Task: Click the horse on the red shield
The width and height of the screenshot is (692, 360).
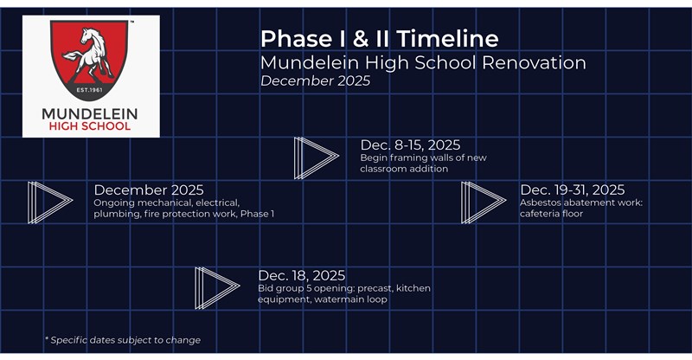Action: click(90, 54)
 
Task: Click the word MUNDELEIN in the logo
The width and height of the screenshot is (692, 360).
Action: click(90, 112)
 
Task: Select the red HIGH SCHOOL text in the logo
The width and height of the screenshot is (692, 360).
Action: click(90, 126)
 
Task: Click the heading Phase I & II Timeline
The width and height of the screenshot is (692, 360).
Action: click(379, 39)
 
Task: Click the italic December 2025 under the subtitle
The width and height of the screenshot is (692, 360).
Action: click(315, 81)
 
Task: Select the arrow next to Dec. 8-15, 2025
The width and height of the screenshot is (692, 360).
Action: click(315, 157)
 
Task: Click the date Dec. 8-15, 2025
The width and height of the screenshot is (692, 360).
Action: click(410, 145)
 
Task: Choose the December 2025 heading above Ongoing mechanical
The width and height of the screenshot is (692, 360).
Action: click(148, 190)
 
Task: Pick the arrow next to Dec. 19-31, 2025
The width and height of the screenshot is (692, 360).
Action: click(483, 202)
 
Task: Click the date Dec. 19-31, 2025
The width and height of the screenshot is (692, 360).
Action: click(572, 190)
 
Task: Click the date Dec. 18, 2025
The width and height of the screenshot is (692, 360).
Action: click(302, 276)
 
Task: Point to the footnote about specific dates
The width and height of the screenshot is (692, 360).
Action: click(122, 340)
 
